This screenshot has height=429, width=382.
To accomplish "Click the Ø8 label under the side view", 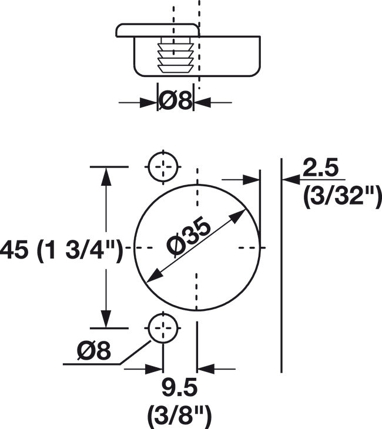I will pos(176,102).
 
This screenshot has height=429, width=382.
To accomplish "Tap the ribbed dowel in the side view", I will pos(176,55).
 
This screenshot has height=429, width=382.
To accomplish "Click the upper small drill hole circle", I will pos(163,167).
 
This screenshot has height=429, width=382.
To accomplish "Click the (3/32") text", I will pos(341,196).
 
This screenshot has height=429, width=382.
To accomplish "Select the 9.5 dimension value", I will pos(180,388).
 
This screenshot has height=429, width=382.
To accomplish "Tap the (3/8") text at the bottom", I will pos(180,416).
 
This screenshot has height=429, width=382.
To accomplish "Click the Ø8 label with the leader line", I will pos(94,351).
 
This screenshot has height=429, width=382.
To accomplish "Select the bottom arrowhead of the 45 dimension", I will pos(106,319).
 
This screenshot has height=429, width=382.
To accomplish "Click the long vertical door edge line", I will pos(282,264).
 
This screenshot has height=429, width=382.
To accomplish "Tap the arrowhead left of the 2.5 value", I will pos(290,179).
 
